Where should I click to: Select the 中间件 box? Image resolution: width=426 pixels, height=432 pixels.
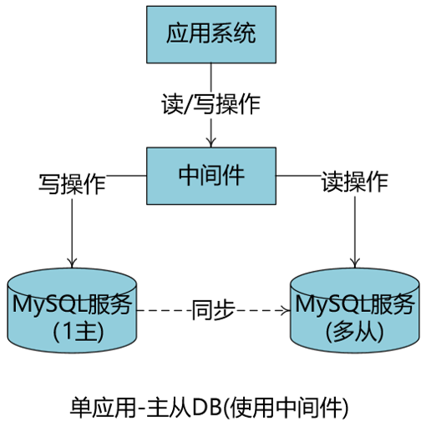click(x=211, y=176)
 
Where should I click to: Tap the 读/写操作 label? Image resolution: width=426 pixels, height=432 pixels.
click(x=210, y=104)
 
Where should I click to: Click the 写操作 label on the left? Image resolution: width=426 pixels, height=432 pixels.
click(x=72, y=183)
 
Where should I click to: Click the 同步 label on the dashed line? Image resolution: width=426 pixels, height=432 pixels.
click(x=211, y=309)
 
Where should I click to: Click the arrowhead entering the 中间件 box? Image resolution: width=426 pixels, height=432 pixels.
click(x=211, y=142)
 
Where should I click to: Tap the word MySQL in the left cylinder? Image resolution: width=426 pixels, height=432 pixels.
click(x=42, y=304)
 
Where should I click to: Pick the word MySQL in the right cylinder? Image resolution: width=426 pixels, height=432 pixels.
click(x=324, y=304)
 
